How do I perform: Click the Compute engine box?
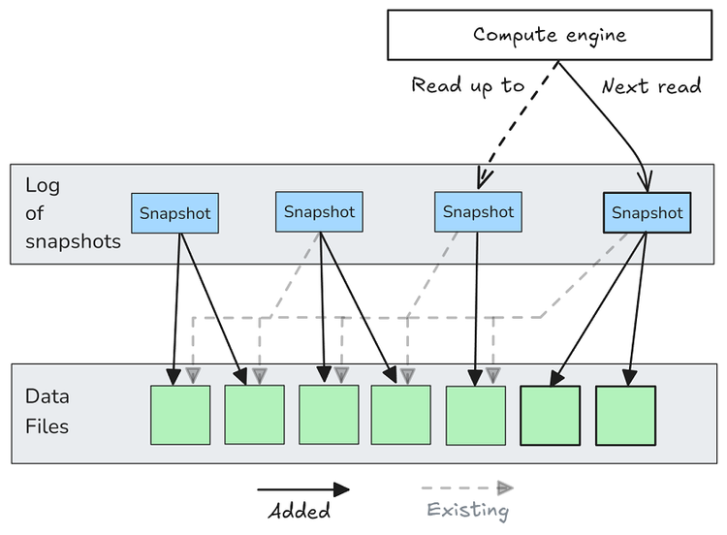[x=550, y=34]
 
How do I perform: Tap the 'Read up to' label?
[x=468, y=86]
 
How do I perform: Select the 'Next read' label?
[x=651, y=87]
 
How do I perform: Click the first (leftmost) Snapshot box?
[x=174, y=213]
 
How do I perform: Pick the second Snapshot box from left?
[x=320, y=211]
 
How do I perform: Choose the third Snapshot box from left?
[x=478, y=211]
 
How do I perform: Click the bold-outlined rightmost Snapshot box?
[x=647, y=212]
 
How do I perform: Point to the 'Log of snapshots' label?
[x=73, y=213]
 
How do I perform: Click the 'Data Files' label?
[x=47, y=411]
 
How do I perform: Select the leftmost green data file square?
[x=180, y=415]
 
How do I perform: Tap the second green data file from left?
[x=254, y=415]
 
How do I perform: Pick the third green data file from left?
[x=329, y=415]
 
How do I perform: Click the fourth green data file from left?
[x=401, y=415]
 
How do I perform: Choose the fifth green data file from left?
[x=475, y=415]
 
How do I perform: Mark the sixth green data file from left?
[x=550, y=416]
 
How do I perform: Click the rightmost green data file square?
[x=624, y=416]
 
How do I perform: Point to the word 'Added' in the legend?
[x=299, y=511]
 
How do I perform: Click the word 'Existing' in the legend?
[x=468, y=510]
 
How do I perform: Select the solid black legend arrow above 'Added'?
[x=303, y=490]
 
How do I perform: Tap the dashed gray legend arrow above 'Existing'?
[x=469, y=488]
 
